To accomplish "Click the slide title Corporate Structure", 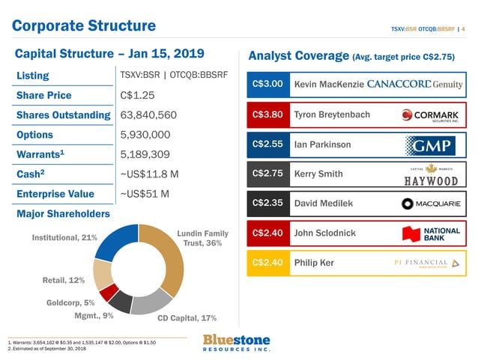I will pos(83,26).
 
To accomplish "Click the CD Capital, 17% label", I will pos(187,318).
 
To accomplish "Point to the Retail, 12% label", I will pos(63,280).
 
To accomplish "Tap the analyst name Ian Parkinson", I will pos(322,144).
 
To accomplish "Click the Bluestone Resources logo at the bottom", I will pos(237,343).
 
